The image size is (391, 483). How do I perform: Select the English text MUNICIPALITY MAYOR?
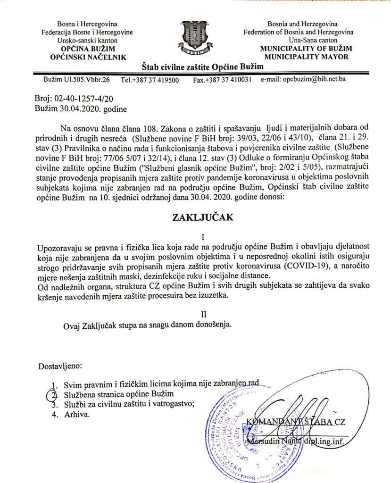coord(305,57)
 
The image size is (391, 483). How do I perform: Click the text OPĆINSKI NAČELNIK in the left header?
coord(88,57)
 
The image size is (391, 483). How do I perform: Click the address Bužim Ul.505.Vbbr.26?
coord(76,80)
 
